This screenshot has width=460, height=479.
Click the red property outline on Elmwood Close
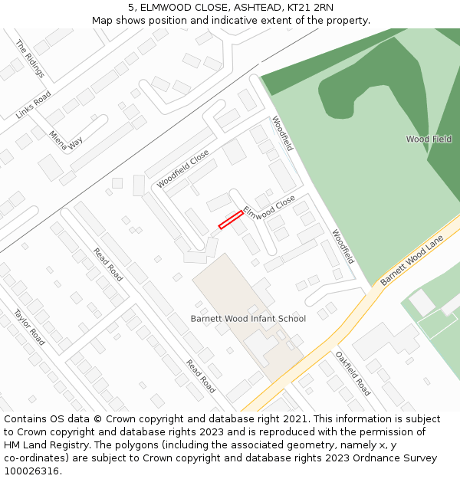pyautogui.click(x=231, y=219)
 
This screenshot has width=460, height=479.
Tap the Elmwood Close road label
pyautogui.click(x=269, y=208)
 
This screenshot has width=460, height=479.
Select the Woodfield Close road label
pyautogui.click(x=183, y=169)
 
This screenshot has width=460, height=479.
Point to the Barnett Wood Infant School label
pyautogui.click(x=248, y=319)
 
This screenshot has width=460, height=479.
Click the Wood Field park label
pyautogui.click(x=429, y=139)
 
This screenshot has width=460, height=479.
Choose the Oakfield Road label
pyautogui.click(x=353, y=373)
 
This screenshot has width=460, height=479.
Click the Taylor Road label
pyautogui.click(x=28, y=326)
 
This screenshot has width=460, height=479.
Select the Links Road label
pyautogui.click(x=33, y=105)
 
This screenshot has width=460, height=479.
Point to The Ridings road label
pyautogui.click(x=30, y=59)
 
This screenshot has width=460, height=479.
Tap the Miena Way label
pyautogui.click(x=66, y=137)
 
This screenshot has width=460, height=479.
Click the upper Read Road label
pyautogui.click(x=108, y=264)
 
